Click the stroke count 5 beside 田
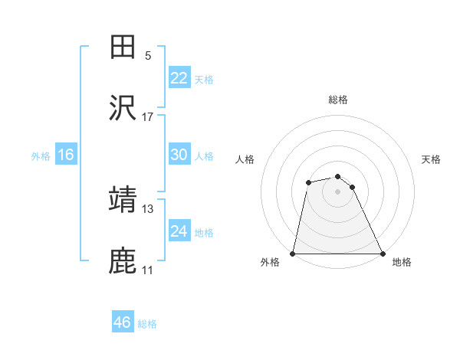pyautogui.click(x=148, y=56)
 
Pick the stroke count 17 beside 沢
pyautogui.click(x=148, y=117)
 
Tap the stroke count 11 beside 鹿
pyautogui.click(x=148, y=270)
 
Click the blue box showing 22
pyautogui.click(x=179, y=78)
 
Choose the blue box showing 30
pyautogui.click(x=179, y=155)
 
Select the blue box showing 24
pyautogui.click(x=179, y=231)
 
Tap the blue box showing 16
pyautogui.click(x=66, y=155)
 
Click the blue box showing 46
pyautogui.click(x=123, y=322)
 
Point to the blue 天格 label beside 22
pyautogui.click(x=204, y=79)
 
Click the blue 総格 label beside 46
pyautogui.click(x=147, y=324)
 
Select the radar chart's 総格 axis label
pyautogui.click(x=338, y=100)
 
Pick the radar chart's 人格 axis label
pyautogui.click(x=246, y=159)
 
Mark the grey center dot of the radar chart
pyautogui.click(x=338, y=191)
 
